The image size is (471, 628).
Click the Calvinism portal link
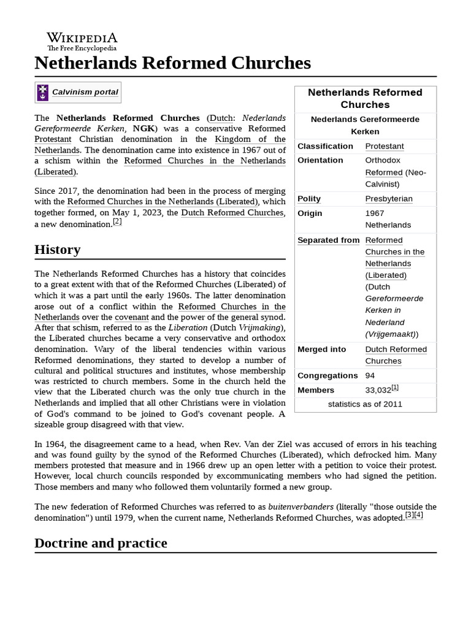[85, 92]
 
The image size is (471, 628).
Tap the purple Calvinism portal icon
[42, 92]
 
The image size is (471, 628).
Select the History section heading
[58, 250]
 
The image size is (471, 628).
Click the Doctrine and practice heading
[101, 543]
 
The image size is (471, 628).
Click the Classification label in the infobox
[325, 146]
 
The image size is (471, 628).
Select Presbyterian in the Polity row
[389, 199]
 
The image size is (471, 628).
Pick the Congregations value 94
[370, 375]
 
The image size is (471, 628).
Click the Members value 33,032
[378, 390]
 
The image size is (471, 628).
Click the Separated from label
[328, 240]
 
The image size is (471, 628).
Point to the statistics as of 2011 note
[365, 404]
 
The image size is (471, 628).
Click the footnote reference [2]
[117, 222]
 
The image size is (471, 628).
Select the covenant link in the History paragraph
[132, 317]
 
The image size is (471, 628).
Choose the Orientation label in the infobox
[320, 160]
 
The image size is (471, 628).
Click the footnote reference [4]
[418, 515]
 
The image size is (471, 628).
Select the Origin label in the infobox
[310, 213]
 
